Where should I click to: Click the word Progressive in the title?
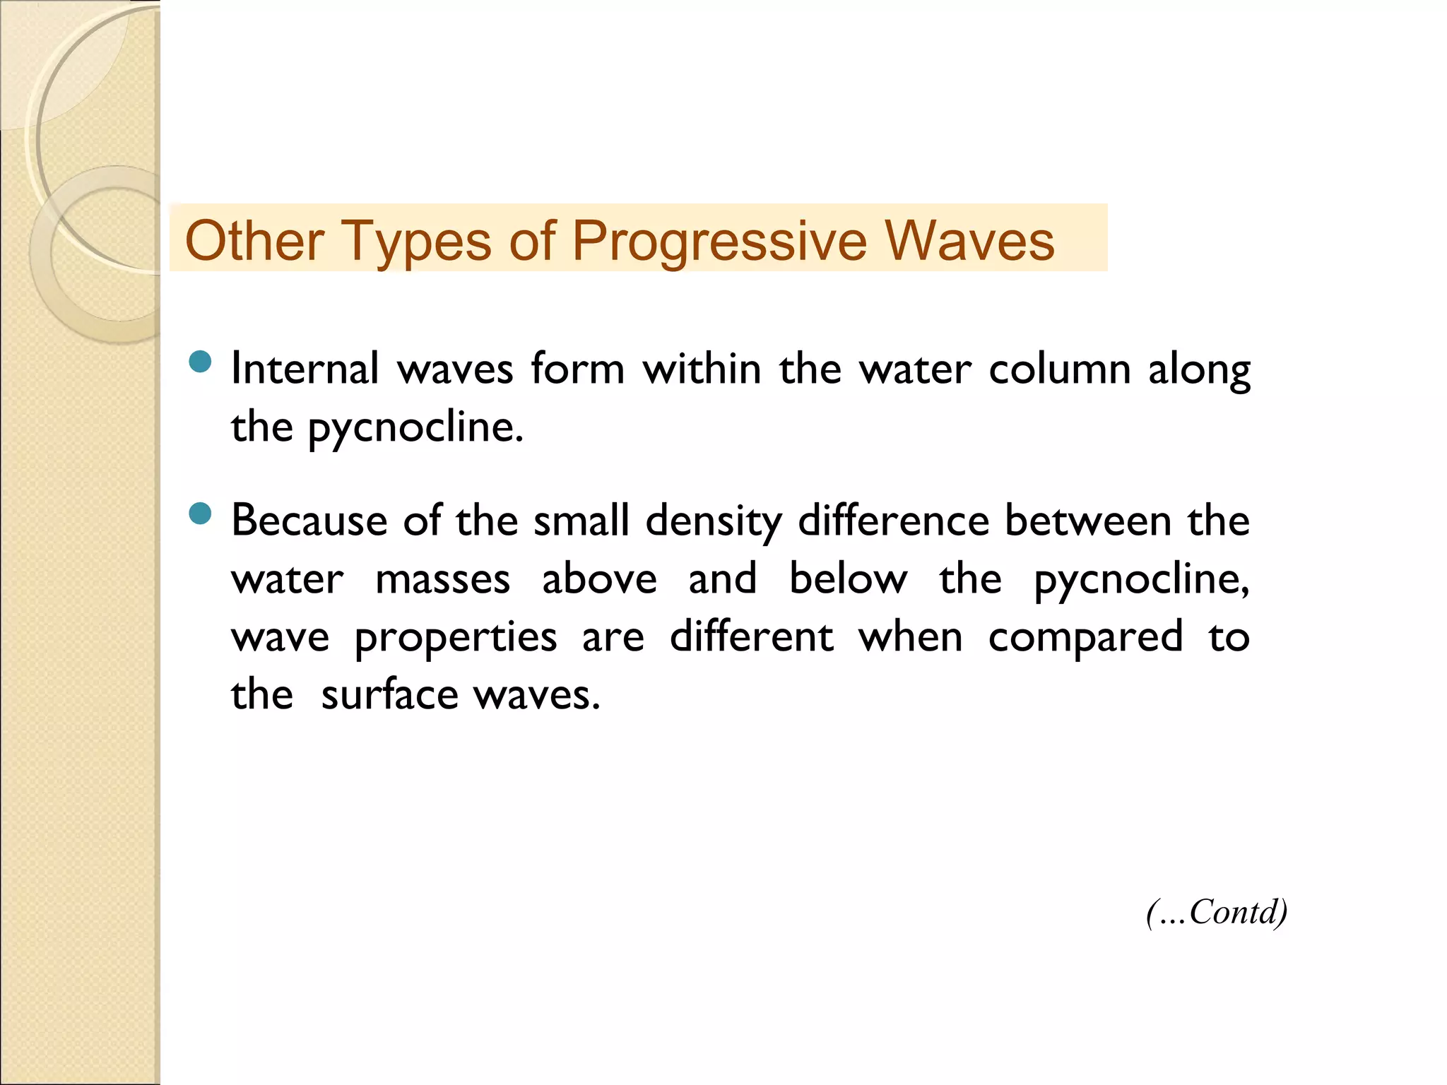[719, 242]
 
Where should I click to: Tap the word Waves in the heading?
[969, 240]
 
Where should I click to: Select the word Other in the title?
[254, 240]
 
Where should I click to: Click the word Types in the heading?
[417, 242]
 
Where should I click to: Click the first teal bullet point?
[201, 362]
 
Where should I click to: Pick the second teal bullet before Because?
[201, 514]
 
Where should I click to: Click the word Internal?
[305, 369]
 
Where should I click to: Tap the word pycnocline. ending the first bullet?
[415, 428]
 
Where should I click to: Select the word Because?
[309, 521]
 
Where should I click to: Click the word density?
[714, 522]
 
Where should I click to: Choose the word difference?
[893, 521]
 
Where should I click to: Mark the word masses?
[442, 579]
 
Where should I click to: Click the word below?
[848, 579]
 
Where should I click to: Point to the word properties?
[455, 638]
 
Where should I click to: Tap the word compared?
[1085, 638]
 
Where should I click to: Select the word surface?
[389, 695]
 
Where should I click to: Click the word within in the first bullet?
[702, 369]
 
